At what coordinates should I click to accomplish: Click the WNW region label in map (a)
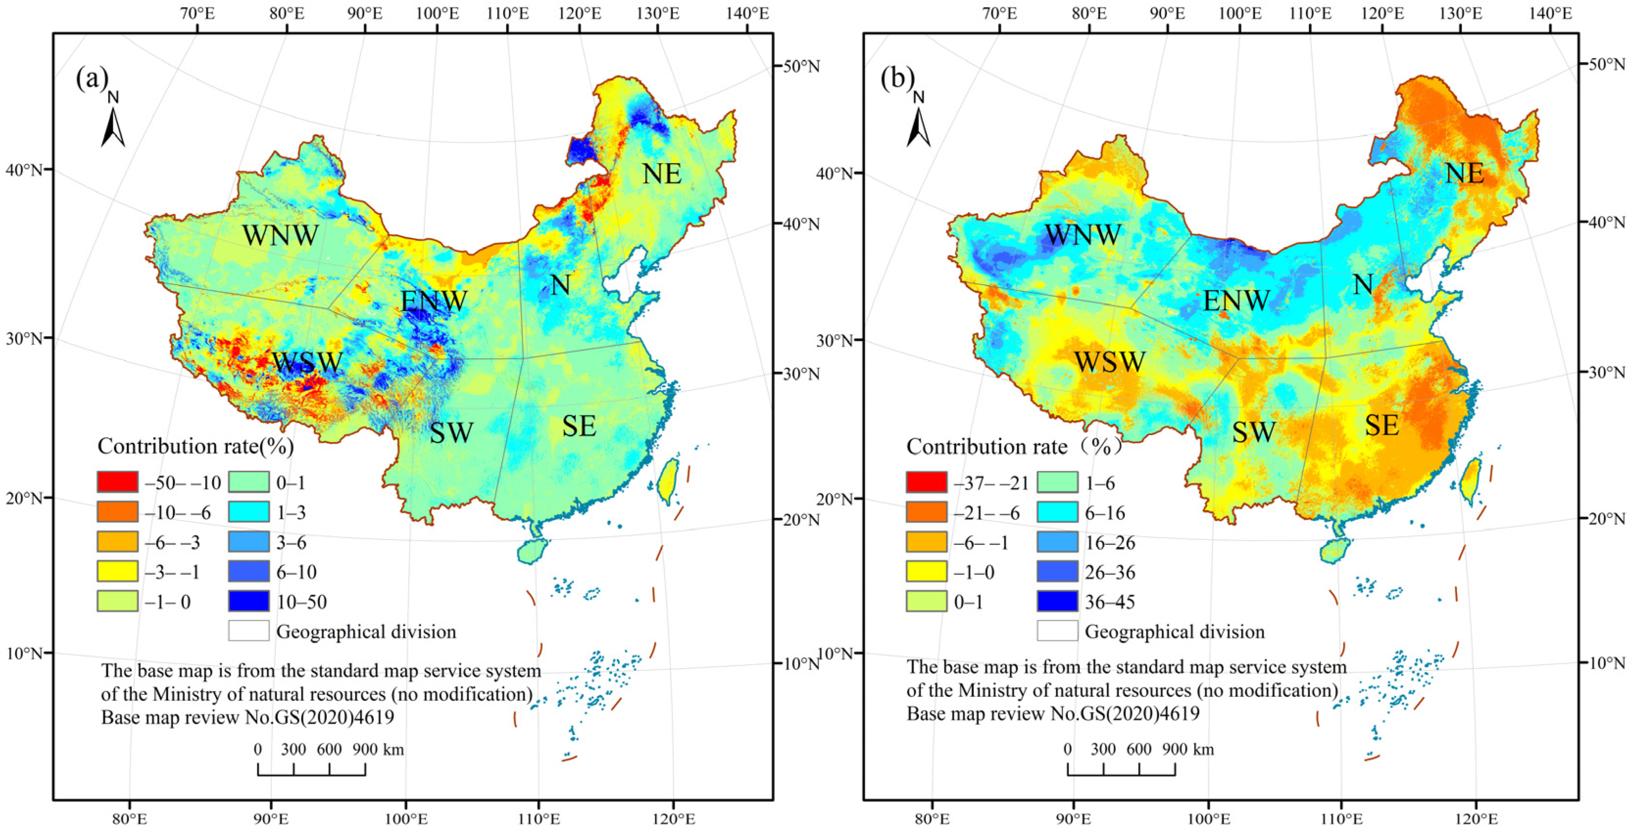coord(280,236)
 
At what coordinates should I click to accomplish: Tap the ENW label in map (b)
coord(1236,300)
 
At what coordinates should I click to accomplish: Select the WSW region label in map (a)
coord(307,363)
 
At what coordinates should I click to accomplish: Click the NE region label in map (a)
coord(662,173)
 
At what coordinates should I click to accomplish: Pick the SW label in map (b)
coord(1253,432)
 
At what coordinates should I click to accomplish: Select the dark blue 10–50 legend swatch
coord(248,601)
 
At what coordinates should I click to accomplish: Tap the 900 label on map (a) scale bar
coord(365,749)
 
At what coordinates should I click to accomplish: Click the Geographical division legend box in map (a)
coord(248,631)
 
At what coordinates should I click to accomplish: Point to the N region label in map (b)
coord(1363,285)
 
